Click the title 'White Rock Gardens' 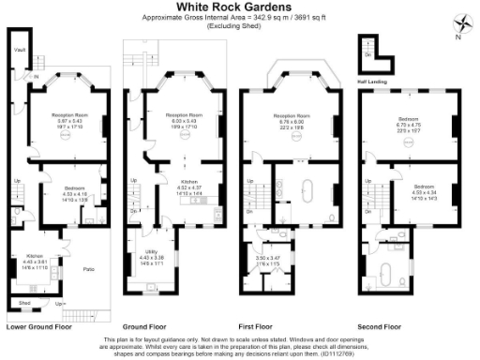coord(240,8)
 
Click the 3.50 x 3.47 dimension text coord(268,257)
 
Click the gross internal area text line coord(240,18)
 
